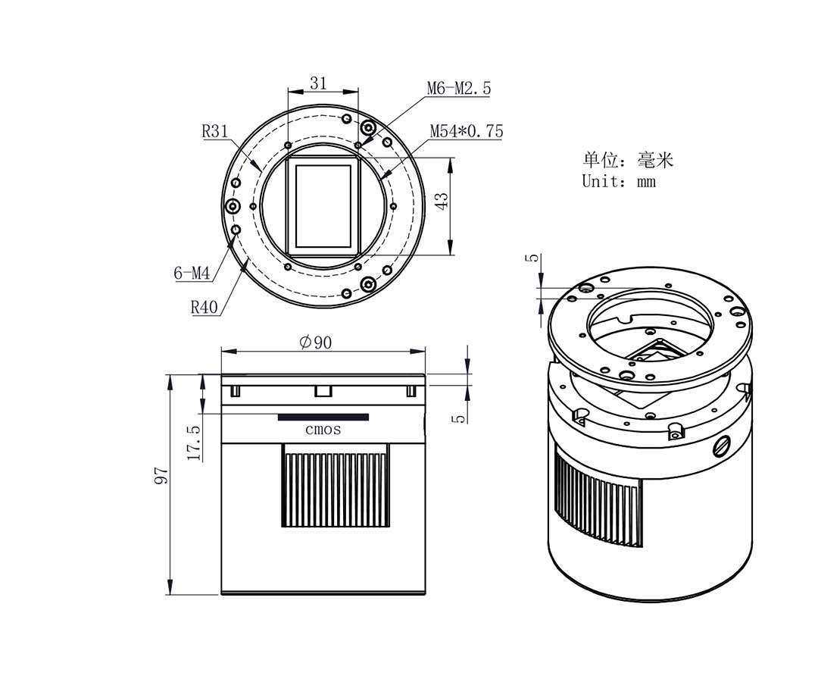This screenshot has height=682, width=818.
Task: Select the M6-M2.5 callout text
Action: (x=458, y=88)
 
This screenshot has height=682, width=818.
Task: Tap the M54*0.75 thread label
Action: (x=466, y=131)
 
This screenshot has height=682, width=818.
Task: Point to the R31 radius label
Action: (x=215, y=131)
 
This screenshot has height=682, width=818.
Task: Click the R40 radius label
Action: (x=204, y=307)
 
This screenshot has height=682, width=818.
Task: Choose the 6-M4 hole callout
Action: (x=192, y=273)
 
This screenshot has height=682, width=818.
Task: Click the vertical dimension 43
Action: (x=442, y=200)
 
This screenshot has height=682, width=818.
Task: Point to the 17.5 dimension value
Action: (x=193, y=443)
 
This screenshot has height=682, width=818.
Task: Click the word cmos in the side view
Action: (x=323, y=430)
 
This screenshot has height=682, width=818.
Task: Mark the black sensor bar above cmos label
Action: (x=323, y=417)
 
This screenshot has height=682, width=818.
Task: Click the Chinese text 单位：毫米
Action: (x=627, y=159)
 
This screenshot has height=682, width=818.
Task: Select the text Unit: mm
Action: (x=618, y=181)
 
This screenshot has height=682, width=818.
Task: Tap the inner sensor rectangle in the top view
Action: (x=323, y=205)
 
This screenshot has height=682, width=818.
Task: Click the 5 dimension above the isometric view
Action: (x=535, y=258)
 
